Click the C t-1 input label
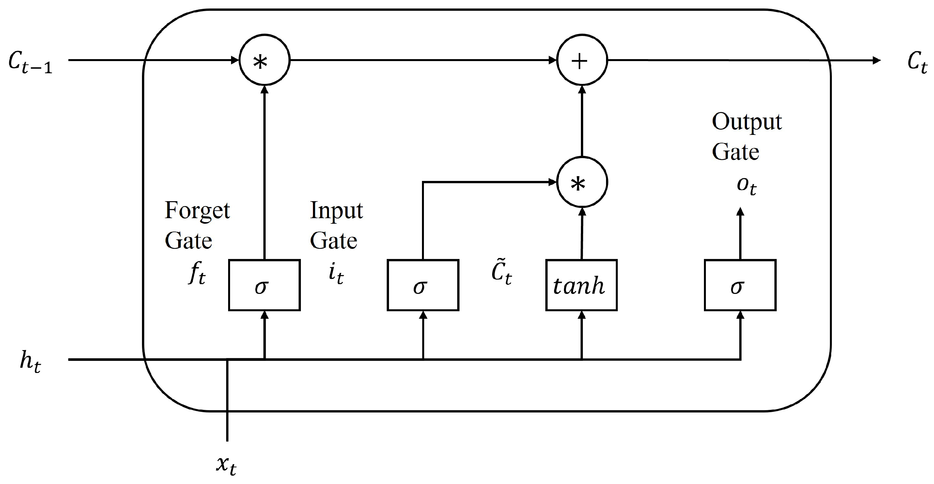pyautogui.click(x=30, y=62)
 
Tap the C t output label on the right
pyautogui.click(x=917, y=62)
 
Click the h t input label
pyautogui.click(x=30, y=362)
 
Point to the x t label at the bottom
pyautogui.click(x=226, y=465)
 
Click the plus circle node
pyautogui.click(x=582, y=60)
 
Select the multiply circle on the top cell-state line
pyautogui.click(x=264, y=60)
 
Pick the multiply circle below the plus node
pyautogui.click(x=582, y=183)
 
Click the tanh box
pyautogui.click(x=581, y=285)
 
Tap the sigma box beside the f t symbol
pyautogui.click(x=264, y=285)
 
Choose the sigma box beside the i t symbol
pyautogui.click(x=423, y=285)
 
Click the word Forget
pyautogui.click(x=197, y=210)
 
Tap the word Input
pyautogui.click(x=336, y=210)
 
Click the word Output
pyautogui.click(x=747, y=121)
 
